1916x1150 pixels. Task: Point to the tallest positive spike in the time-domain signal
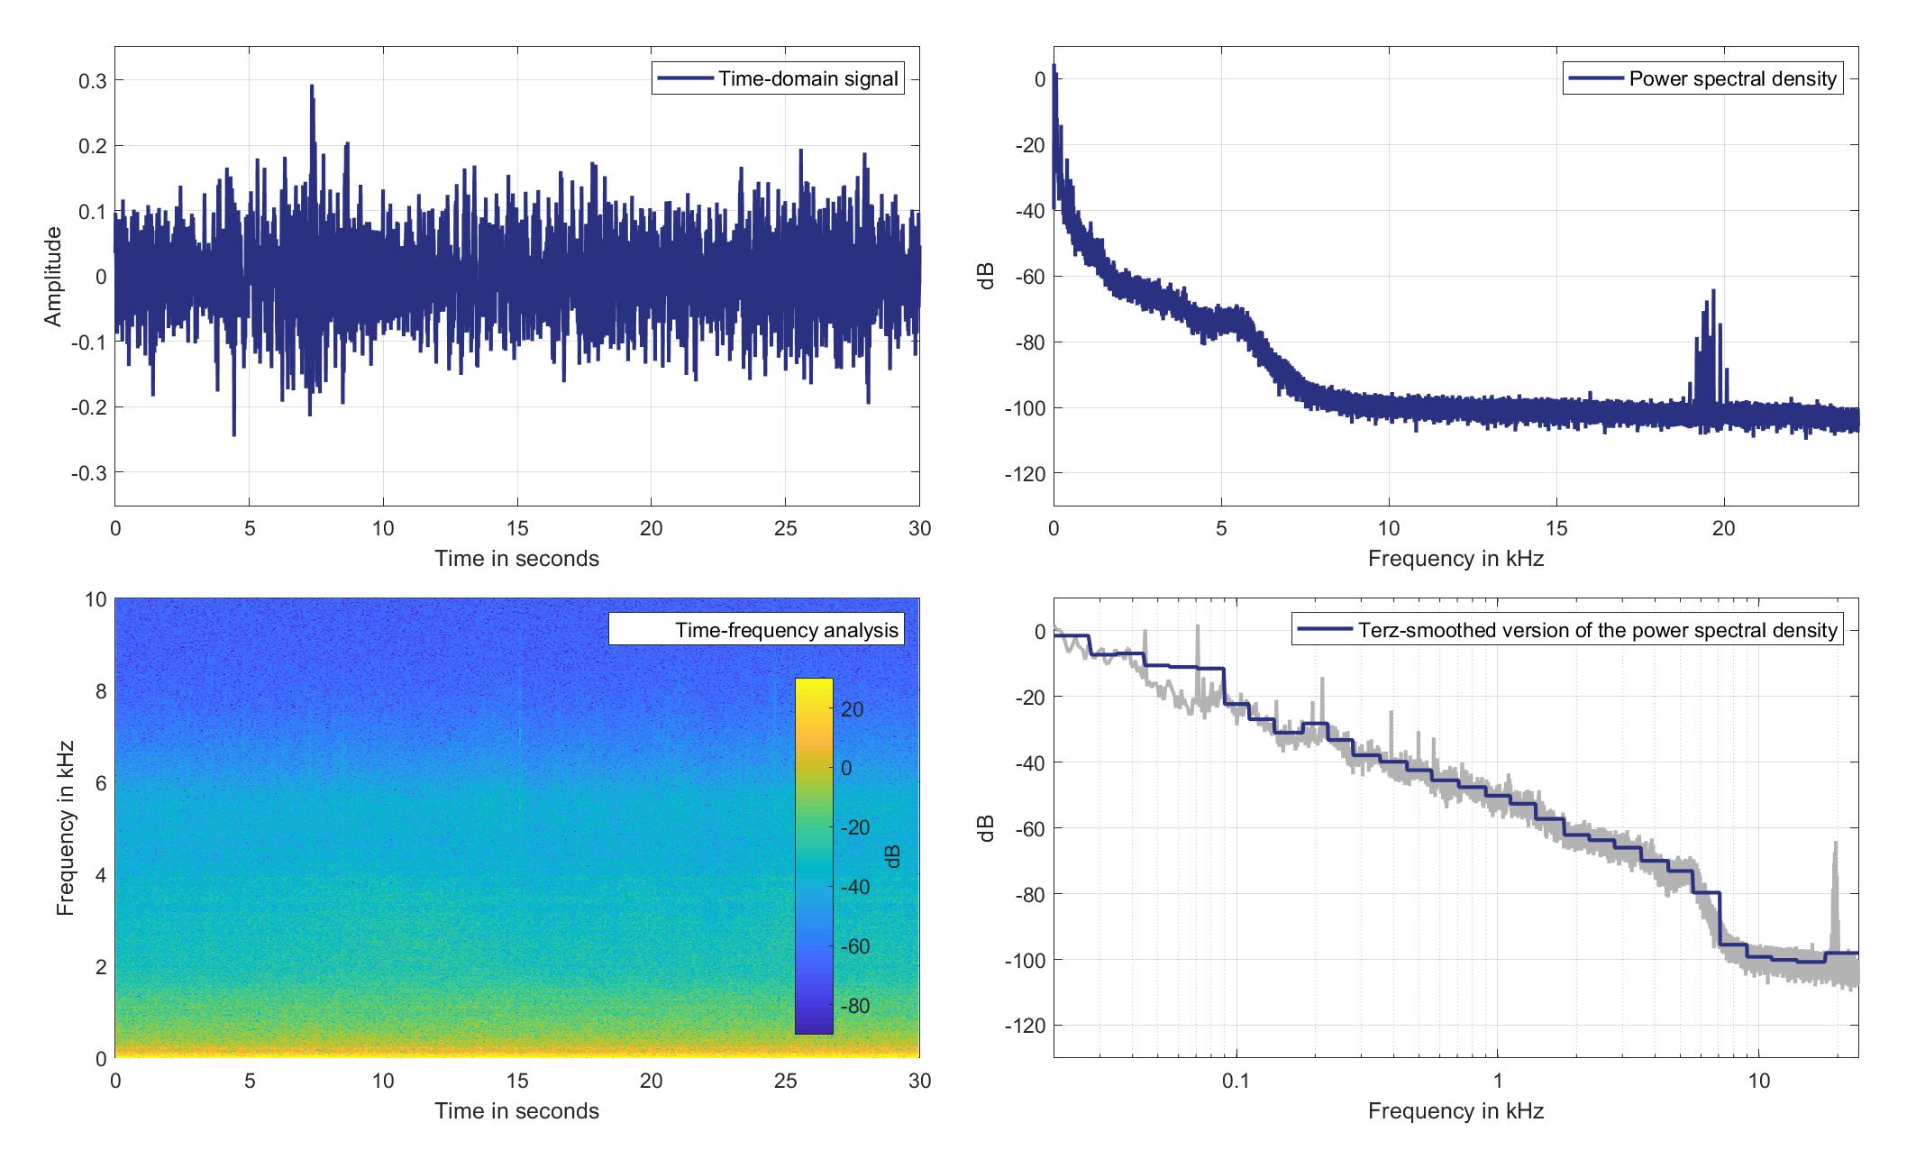click(312, 87)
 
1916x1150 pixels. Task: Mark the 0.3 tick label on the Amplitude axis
click(91, 81)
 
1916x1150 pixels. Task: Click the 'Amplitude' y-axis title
click(53, 276)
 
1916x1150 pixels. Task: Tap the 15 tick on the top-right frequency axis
click(1556, 528)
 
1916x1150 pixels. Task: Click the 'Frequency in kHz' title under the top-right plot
click(1455, 559)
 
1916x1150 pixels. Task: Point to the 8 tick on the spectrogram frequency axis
click(98, 691)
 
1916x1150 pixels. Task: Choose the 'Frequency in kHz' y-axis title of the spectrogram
click(65, 828)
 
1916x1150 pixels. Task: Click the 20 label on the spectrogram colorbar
click(852, 710)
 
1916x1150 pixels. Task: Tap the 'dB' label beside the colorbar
click(893, 856)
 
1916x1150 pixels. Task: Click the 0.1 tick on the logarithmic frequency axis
click(1236, 1081)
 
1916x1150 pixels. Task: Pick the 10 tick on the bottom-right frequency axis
click(1758, 1081)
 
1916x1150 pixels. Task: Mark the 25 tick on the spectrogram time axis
click(785, 1081)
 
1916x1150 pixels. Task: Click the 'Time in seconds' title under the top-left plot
click(516, 559)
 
